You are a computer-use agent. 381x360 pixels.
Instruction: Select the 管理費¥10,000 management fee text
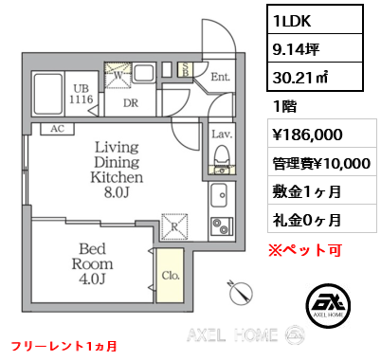[x=319, y=163]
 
